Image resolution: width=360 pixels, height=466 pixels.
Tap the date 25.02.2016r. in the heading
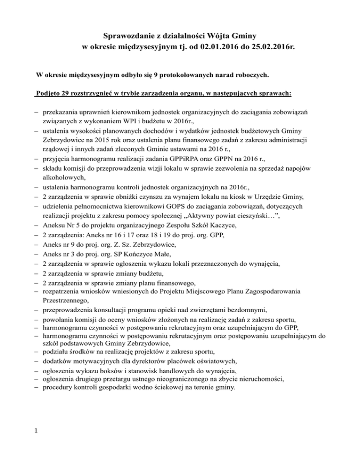click(257, 47)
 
